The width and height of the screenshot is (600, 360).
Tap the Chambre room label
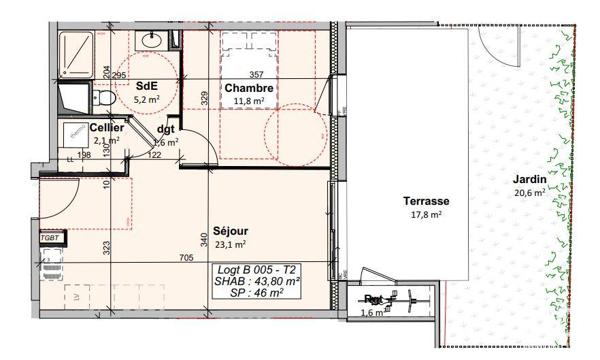(249, 87)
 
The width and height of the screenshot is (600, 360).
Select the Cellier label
(106, 128)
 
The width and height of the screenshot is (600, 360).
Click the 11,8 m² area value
(249, 100)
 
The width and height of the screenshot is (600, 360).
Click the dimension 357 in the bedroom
(255, 75)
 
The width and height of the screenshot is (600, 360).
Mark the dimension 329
(204, 98)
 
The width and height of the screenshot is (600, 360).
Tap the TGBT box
(50, 238)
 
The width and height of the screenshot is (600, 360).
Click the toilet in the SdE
(104, 98)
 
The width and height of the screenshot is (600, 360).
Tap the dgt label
(166, 128)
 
